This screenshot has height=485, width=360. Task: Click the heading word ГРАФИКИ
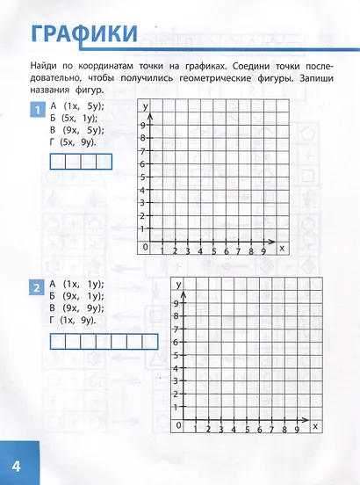click(x=84, y=34)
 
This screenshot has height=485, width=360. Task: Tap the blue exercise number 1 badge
click(x=38, y=110)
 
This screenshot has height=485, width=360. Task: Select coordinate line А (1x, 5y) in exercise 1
click(x=77, y=105)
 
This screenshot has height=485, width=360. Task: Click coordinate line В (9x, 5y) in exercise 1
click(x=77, y=129)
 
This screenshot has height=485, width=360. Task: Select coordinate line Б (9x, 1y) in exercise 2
click(x=77, y=296)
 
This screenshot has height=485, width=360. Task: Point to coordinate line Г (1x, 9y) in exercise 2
click(x=74, y=320)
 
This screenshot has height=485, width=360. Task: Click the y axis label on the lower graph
click(x=178, y=285)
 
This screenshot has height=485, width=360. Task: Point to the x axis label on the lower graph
click(x=315, y=427)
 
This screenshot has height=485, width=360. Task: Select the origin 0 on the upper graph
click(x=146, y=248)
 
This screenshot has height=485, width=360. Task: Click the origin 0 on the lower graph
click(x=178, y=425)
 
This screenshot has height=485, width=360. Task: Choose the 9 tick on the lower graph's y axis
click(x=177, y=304)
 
